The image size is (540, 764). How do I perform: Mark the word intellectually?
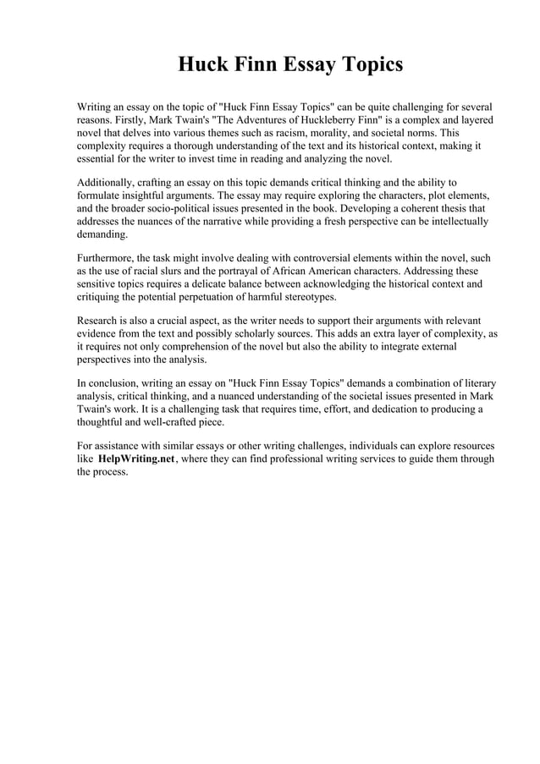tap(454, 221)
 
